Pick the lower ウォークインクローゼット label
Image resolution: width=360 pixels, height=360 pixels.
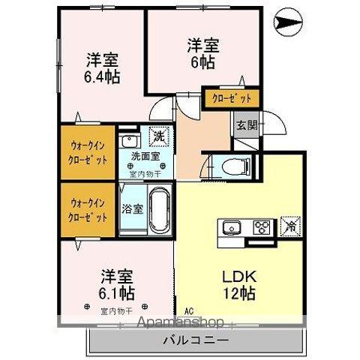pos(88,208)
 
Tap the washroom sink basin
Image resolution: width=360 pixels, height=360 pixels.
pos(129,140)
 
